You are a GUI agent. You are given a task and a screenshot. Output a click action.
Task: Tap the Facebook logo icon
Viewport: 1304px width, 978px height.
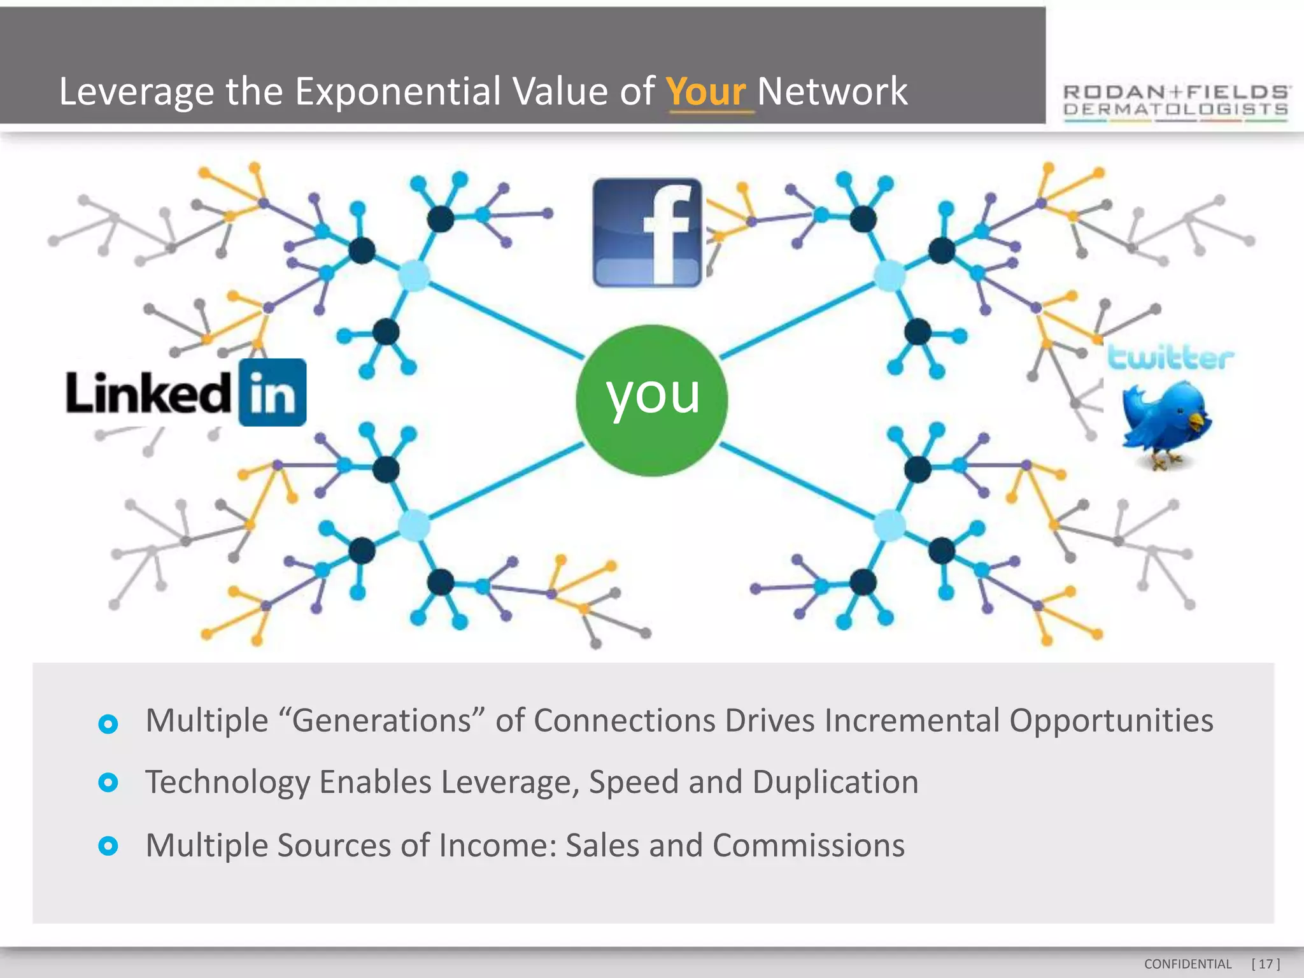pyautogui.click(x=647, y=232)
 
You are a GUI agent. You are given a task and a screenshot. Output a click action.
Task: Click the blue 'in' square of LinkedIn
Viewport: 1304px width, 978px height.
pyautogui.click(x=273, y=392)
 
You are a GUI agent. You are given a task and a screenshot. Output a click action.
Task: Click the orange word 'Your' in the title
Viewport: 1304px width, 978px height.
pyautogui.click(x=705, y=92)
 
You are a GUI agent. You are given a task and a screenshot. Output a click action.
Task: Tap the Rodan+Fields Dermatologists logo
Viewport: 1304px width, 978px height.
pyautogui.click(x=1176, y=102)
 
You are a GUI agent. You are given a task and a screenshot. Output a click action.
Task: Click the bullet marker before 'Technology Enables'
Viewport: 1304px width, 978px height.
pyautogui.click(x=108, y=783)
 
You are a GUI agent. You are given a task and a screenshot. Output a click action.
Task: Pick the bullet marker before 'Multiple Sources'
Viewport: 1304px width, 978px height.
pyautogui.click(x=108, y=846)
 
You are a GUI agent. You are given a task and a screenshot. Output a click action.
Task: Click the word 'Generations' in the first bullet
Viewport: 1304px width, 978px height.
pyautogui.click(x=381, y=721)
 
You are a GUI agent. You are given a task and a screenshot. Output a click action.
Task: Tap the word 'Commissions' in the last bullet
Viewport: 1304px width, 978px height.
pyautogui.click(x=808, y=846)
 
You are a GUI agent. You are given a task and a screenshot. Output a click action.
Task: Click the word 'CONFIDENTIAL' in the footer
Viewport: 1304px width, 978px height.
pyautogui.click(x=1187, y=964)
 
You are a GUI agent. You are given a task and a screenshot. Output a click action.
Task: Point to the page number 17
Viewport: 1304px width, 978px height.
pyautogui.click(x=1265, y=964)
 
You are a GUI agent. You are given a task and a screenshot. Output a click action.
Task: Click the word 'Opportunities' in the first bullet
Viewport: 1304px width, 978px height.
pyautogui.click(x=1111, y=721)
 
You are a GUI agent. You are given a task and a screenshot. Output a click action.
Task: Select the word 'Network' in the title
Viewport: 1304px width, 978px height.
pyautogui.click(x=832, y=92)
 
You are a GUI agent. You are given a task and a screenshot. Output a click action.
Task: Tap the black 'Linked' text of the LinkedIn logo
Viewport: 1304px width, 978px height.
pyautogui.click(x=148, y=392)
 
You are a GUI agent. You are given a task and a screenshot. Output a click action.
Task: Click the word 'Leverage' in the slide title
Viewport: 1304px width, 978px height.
pyautogui.click(x=136, y=92)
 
